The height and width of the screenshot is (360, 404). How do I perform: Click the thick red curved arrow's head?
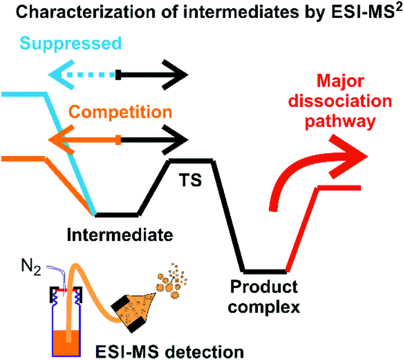click(x=353, y=156)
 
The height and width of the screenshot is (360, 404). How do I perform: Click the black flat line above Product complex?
click(x=264, y=270)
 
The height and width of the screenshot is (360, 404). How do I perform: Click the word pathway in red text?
click(x=338, y=122)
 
